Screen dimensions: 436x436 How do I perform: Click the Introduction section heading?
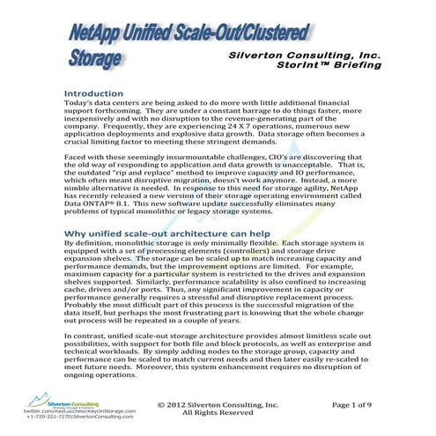click(x=101, y=92)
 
